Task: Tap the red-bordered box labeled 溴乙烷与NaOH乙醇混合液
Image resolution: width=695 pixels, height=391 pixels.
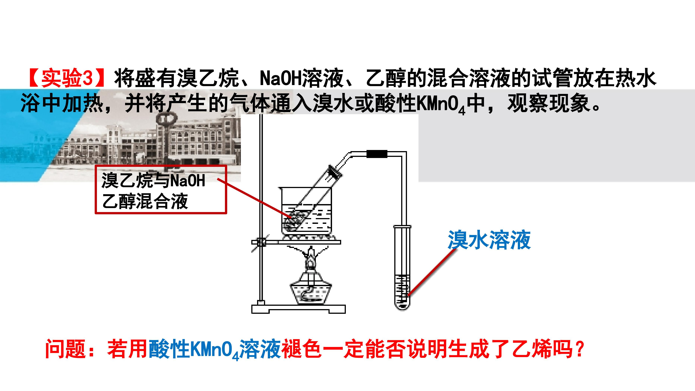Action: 161,190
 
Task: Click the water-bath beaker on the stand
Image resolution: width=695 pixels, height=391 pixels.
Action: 306,209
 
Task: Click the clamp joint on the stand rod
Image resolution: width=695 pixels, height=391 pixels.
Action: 261,242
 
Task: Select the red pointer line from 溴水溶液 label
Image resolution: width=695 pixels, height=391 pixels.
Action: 432,272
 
